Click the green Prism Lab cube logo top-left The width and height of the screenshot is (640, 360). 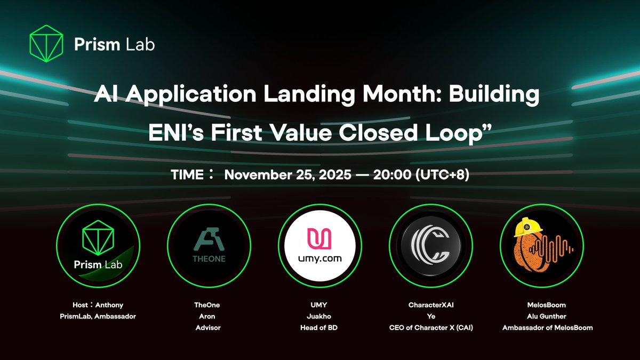(45, 43)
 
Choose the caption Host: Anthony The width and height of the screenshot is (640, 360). (98, 305)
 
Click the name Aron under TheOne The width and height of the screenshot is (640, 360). (208, 316)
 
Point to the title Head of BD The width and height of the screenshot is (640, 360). (319, 327)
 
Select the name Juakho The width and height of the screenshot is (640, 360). (319, 316)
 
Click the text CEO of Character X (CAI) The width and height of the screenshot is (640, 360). (430, 327)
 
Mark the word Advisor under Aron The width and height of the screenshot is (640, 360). (208, 327)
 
